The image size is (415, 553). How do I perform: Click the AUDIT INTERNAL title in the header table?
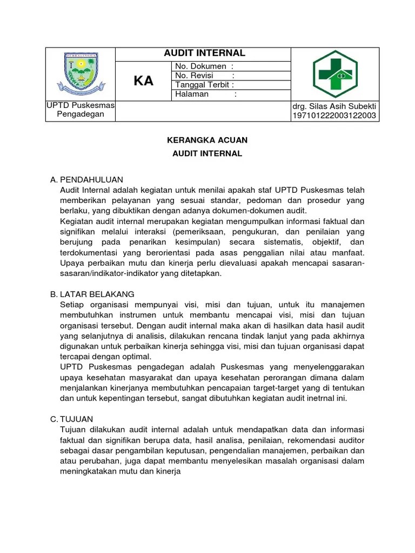click(x=204, y=53)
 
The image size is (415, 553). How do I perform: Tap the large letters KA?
click(x=144, y=81)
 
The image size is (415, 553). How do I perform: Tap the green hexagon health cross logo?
click(x=335, y=73)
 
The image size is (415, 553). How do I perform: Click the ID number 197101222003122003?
click(x=334, y=115)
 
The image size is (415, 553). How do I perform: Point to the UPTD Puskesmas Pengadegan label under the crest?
click(x=81, y=110)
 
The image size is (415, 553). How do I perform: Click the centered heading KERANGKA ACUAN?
click(x=207, y=140)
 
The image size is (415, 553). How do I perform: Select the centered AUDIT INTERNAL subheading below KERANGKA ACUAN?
click(x=207, y=153)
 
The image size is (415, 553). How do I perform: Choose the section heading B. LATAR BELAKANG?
click(x=92, y=294)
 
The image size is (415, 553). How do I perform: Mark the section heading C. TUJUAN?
click(x=71, y=419)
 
